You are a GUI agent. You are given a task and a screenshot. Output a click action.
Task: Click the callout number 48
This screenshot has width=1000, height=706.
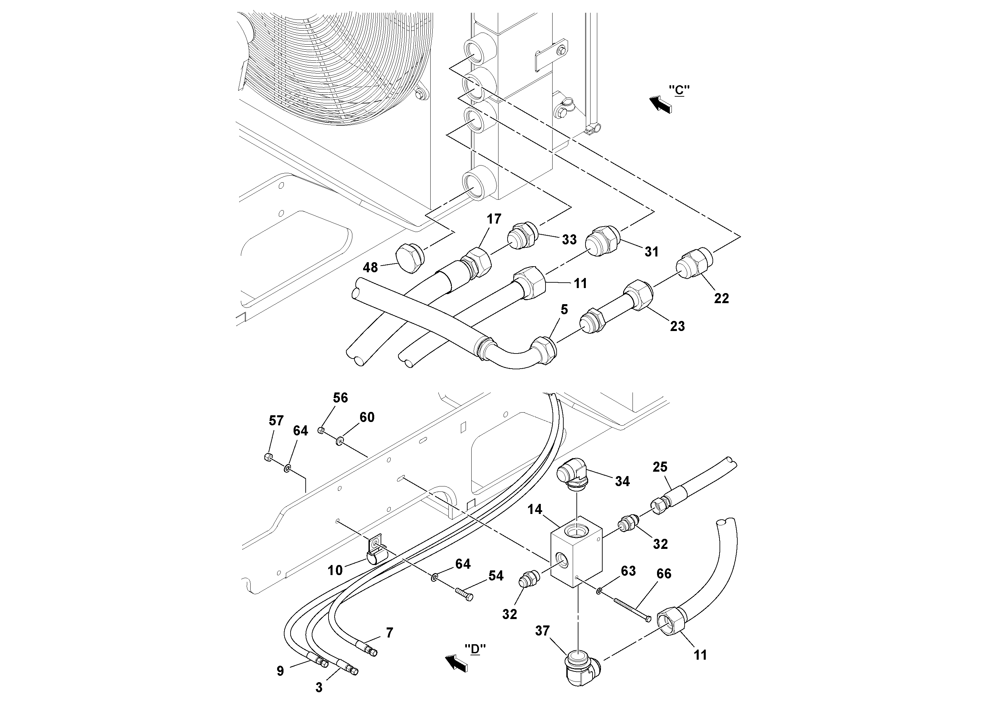[x=370, y=267]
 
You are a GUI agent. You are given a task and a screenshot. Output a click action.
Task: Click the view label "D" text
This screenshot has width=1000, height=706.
[x=475, y=649]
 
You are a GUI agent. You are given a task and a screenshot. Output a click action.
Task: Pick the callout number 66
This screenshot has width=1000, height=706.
[x=664, y=574]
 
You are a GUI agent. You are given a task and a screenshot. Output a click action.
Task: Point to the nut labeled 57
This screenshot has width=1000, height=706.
[x=268, y=457]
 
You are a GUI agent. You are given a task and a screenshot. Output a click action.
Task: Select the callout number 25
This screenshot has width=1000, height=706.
[x=660, y=467]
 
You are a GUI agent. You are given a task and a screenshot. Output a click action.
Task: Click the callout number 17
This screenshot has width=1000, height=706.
[x=494, y=219]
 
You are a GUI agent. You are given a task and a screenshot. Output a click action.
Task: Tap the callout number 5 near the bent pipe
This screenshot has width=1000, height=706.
[x=564, y=310]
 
